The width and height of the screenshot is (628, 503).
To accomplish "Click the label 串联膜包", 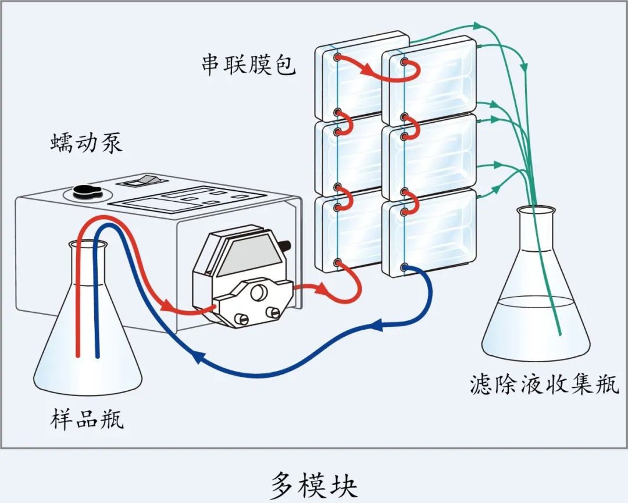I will [248, 65].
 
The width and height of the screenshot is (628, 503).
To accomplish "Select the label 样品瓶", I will [87, 419].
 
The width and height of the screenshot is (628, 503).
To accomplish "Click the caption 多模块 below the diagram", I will [313, 484].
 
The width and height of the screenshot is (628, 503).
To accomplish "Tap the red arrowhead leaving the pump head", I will [318, 288].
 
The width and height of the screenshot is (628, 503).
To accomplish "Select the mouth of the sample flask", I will [89, 245].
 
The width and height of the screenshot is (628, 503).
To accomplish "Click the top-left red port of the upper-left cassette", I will [338, 57].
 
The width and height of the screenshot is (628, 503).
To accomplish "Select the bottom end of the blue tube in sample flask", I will [97, 356].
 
